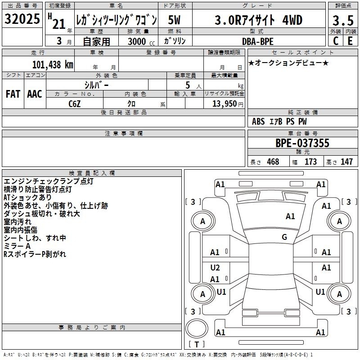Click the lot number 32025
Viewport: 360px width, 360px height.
22,19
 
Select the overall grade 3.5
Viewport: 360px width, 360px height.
343,21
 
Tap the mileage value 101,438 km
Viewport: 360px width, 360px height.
53,65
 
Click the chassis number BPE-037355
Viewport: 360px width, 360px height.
302,143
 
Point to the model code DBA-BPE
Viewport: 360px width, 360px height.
257,41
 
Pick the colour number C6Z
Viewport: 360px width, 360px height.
75,104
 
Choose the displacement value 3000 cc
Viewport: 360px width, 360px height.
141,41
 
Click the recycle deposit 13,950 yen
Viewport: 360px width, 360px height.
228,104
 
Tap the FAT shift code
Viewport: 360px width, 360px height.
13,94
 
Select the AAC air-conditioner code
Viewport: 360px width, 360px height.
35,94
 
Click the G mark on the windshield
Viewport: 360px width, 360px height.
284,237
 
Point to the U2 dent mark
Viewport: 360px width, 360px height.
215,268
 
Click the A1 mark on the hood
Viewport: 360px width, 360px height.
290,216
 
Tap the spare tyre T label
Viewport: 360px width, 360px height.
197,344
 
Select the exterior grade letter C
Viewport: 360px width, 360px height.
336,41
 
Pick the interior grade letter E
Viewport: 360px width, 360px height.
350,41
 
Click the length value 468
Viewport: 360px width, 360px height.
273,162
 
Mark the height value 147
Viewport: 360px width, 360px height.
346,162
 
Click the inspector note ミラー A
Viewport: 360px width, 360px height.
17,246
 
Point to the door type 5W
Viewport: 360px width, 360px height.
174,20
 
